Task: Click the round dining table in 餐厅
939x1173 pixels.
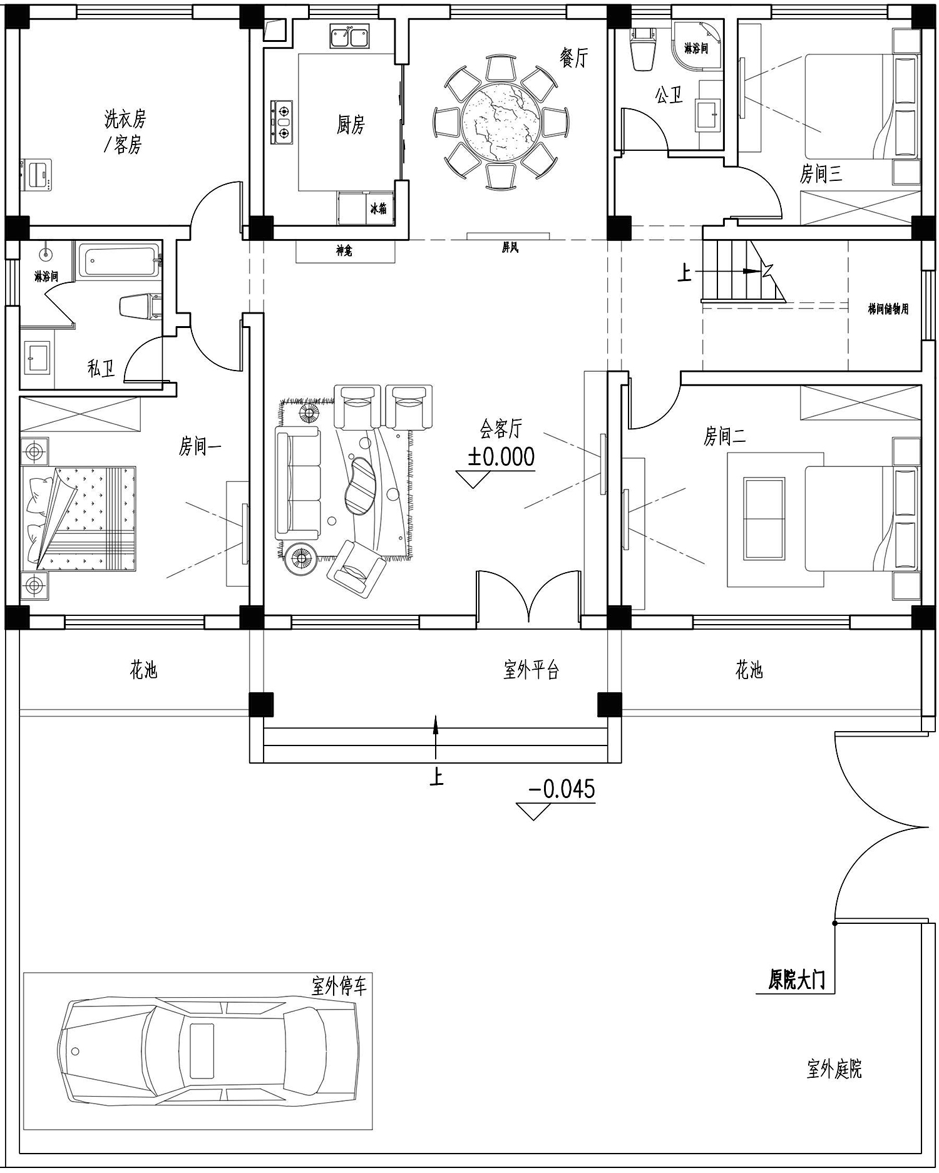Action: point(501,121)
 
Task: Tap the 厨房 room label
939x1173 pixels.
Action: point(351,125)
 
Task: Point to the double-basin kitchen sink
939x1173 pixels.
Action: point(349,37)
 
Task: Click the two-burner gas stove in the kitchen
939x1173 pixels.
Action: point(282,122)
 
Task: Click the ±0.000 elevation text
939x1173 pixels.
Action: point(501,457)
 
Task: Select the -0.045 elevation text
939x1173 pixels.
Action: point(562,789)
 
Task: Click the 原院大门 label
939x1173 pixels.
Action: point(797,980)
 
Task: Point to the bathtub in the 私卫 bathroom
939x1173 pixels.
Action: point(119,260)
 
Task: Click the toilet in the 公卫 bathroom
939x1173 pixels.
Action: point(643,49)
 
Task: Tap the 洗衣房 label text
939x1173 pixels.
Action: point(125,118)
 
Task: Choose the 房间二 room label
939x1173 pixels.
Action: point(724,436)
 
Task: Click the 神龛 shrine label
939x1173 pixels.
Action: point(344,250)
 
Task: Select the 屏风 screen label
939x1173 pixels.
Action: point(510,248)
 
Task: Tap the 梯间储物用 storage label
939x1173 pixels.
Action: point(888,309)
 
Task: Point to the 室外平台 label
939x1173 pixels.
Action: point(531,670)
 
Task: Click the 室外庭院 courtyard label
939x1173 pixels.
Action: point(834,1068)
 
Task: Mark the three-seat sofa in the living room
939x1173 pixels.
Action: point(298,483)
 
